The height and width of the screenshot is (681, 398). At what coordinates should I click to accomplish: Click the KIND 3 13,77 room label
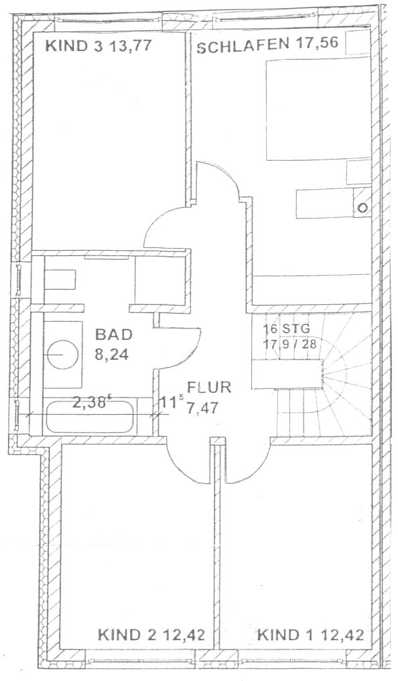pyautogui.click(x=99, y=46)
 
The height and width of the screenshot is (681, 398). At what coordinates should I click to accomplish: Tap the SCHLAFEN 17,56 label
pyautogui.click(x=267, y=45)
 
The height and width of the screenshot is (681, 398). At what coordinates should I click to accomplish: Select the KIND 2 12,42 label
pyautogui.click(x=151, y=635)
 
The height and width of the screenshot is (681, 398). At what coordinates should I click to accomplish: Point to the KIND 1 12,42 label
pyautogui.click(x=310, y=635)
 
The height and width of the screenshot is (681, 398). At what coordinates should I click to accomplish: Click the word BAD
pyautogui.click(x=114, y=334)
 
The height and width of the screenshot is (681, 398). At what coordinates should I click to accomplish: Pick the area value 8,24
pyautogui.click(x=112, y=355)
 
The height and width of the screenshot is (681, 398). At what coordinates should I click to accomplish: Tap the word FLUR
pyautogui.click(x=209, y=387)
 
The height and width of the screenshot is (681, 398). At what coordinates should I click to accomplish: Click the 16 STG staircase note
pyautogui.click(x=287, y=329)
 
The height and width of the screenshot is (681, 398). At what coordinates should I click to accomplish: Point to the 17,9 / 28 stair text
pyautogui.click(x=289, y=344)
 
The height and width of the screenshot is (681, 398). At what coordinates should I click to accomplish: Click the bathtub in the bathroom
pyautogui.click(x=89, y=416)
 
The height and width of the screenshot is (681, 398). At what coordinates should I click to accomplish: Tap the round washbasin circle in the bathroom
pyautogui.click(x=62, y=355)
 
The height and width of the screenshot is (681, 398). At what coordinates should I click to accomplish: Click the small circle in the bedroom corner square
pyautogui.click(x=364, y=208)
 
